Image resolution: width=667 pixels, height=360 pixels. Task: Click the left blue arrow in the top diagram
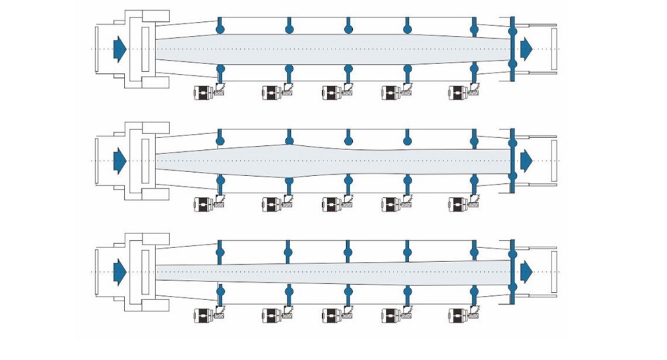tap(120, 49)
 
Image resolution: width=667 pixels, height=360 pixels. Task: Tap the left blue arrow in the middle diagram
tap(120, 160)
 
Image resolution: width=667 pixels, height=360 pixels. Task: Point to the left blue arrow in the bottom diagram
tap(120, 271)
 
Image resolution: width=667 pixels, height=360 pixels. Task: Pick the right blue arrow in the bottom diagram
tap(526, 271)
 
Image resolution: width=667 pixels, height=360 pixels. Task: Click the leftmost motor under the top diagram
tap(203, 93)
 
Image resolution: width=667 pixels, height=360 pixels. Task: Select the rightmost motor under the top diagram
tap(458, 93)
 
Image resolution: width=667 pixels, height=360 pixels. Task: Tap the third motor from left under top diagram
tap(332, 93)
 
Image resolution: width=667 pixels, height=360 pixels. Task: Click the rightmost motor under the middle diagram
tap(458, 203)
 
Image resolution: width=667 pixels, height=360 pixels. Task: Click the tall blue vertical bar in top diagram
tap(512, 49)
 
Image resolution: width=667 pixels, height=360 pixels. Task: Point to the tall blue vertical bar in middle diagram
tap(512, 160)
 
